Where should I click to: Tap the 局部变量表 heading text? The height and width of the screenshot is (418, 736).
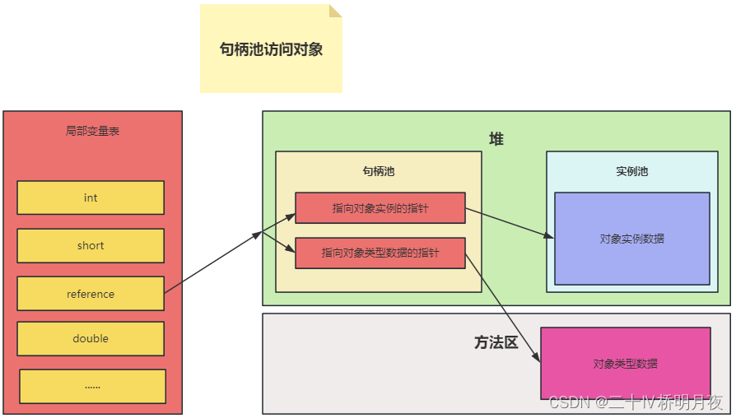(x=92, y=131)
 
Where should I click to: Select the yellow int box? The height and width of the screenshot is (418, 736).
(x=91, y=197)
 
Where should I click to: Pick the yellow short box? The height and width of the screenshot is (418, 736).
(x=91, y=245)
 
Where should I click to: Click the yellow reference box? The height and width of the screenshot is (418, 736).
(x=91, y=294)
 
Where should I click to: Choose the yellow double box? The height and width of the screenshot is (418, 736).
(x=91, y=338)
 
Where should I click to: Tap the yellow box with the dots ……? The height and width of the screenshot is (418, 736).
(x=92, y=386)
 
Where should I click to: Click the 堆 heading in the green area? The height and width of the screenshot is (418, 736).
(x=496, y=139)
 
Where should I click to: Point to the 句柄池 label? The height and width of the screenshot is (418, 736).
(x=378, y=171)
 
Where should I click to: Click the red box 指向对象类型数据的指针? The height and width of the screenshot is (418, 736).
(x=380, y=253)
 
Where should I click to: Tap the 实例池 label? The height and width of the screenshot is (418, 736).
(x=631, y=171)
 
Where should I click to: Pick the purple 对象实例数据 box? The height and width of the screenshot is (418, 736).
(x=631, y=239)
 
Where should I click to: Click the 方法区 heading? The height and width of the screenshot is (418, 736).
(x=496, y=342)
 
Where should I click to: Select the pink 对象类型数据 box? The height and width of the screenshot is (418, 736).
(x=625, y=363)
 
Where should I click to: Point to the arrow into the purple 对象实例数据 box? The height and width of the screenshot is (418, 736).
(x=509, y=223)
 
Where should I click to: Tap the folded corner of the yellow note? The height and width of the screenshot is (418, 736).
(x=335, y=11)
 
